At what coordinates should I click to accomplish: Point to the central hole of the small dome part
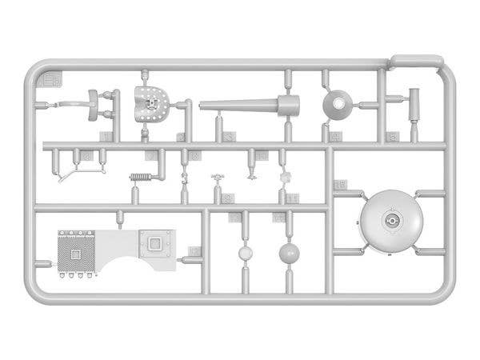(x=337, y=102)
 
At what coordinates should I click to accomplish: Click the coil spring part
(x=141, y=178)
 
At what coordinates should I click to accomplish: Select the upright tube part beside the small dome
(x=414, y=104)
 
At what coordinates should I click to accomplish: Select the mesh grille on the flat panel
(x=76, y=250)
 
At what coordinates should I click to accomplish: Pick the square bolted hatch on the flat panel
(x=156, y=241)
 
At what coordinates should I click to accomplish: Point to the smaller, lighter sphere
(x=245, y=254)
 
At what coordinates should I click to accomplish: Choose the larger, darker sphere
(x=289, y=254)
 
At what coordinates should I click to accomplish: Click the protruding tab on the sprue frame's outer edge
(x=416, y=60)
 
